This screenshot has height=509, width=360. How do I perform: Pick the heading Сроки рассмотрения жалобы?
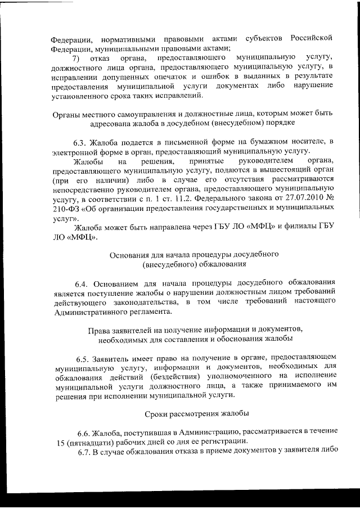[x=196, y=413]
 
